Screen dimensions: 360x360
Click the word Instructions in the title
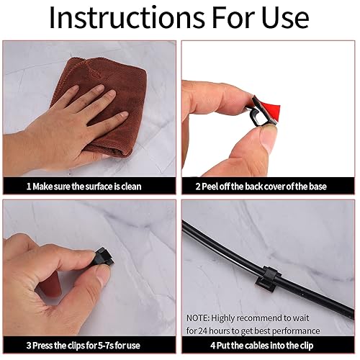click(x=127, y=18)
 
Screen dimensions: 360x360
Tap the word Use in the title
click(x=285, y=18)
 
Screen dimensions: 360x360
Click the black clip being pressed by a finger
click(x=104, y=258)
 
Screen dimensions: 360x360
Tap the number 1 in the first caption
click(x=29, y=186)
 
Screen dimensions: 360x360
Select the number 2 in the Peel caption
click(x=198, y=186)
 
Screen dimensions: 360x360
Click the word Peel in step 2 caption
click(x=210, y=186)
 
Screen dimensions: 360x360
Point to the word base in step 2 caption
click(x=318, y=186)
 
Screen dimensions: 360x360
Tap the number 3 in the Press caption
click(x=29, y=346)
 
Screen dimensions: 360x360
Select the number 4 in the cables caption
click(x=213, y=346)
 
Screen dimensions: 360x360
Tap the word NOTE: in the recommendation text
click(x=198, y=318)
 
